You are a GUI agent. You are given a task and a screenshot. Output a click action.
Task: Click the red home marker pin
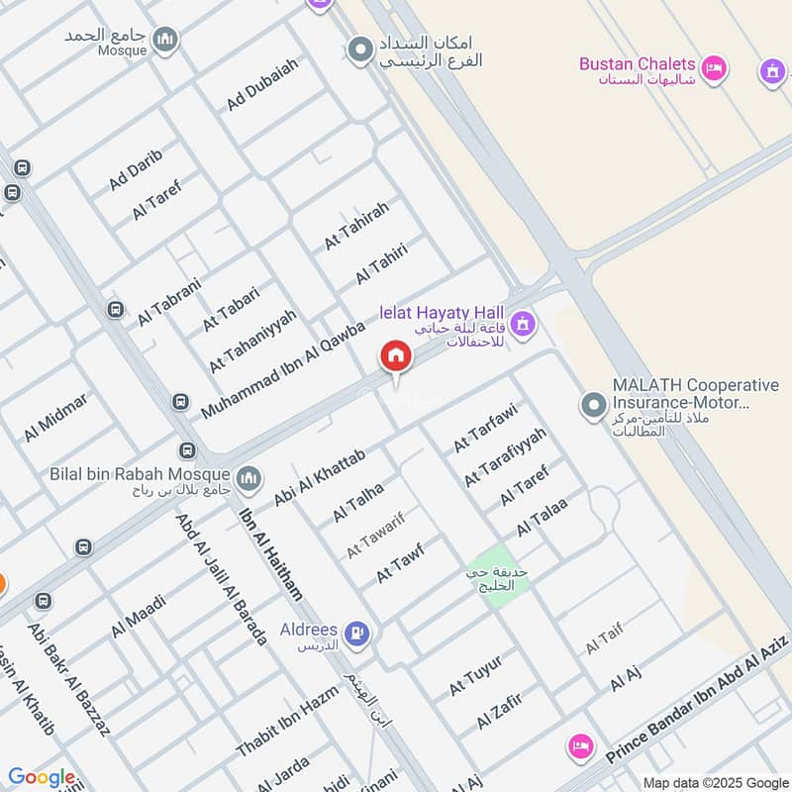(x=395, y=356)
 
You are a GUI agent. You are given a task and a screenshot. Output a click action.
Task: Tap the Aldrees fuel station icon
(x=358, y=633)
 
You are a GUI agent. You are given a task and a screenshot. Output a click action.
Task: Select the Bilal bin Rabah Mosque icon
(x=248, y=476)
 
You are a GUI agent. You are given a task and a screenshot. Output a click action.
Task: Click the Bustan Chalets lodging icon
(x=716, y=68)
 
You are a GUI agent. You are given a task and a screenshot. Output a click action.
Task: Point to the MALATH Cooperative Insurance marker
(x=593, y=405)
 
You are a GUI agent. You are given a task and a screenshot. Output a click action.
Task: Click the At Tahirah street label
(x=357, y=224)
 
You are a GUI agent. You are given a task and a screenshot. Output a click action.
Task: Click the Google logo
(x=41, y=778)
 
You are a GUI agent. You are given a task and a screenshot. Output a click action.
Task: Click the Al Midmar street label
(x=56, y=417)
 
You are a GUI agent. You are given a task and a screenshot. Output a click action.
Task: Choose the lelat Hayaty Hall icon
(x=524, y=324)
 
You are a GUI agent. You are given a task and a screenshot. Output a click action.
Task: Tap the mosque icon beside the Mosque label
(x=166, y=40)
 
